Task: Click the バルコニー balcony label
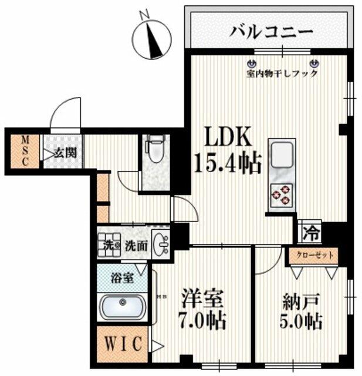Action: pos(270,31)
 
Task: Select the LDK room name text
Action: pos(227,137)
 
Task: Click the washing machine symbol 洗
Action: pos(109,243)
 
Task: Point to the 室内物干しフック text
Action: pos(282,74)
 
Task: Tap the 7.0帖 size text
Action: pos(203,321)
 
